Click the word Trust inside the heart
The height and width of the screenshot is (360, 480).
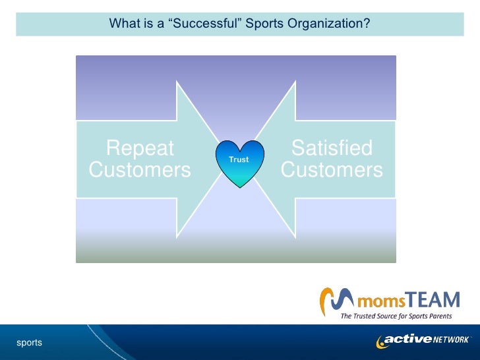239,160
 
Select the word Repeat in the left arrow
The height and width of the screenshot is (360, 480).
140,147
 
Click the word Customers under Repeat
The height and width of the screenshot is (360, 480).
140,170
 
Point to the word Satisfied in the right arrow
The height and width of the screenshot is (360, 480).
332,147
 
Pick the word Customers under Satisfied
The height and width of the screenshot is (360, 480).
332,170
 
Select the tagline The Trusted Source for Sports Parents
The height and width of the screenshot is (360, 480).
396,316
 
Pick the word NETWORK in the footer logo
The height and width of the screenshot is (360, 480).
450,340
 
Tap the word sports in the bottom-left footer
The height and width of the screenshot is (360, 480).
29,342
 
